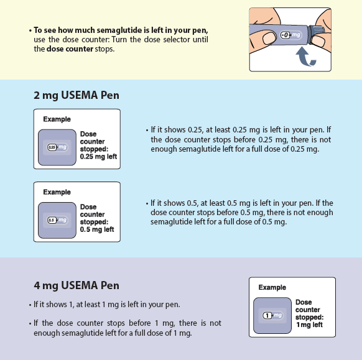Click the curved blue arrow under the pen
304,57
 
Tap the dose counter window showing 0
285,35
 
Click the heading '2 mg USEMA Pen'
77,95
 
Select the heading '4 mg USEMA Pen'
77,285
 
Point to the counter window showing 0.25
52,147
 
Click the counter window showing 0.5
52,220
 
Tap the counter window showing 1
267,315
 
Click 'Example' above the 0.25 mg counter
57,119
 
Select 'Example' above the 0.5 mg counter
57,192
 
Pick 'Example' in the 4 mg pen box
272,287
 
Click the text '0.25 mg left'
98,157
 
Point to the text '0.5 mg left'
97,229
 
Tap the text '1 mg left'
309,325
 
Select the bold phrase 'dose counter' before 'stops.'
70,49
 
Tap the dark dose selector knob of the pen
316,34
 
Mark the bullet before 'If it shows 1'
30,305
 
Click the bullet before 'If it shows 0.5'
147,204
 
